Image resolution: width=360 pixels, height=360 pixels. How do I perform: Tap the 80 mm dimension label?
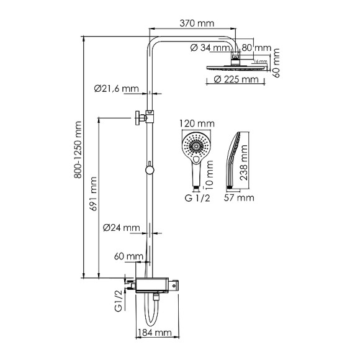coord(256,48)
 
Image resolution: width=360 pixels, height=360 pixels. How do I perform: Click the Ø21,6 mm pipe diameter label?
coord(117,89)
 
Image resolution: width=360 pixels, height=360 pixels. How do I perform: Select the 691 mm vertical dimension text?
coord(94,194)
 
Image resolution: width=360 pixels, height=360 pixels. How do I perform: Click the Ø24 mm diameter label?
coord(121,228)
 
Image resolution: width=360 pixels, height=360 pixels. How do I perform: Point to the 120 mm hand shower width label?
coord(195,124)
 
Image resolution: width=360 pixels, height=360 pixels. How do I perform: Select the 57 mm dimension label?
coord(239,198)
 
